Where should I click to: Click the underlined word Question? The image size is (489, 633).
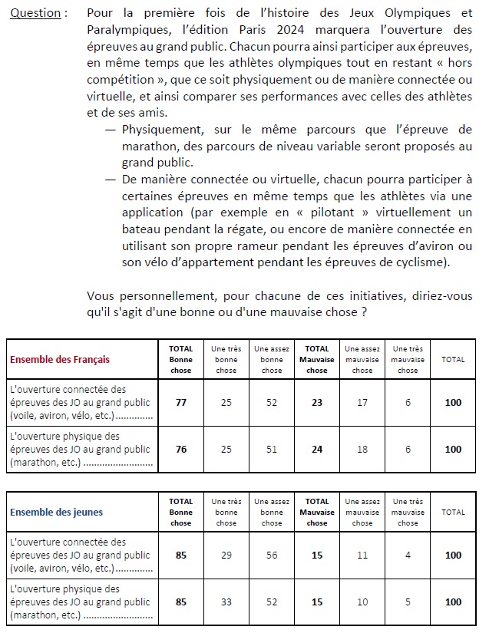click(36, 14)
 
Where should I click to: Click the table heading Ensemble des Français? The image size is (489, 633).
click(59, 359)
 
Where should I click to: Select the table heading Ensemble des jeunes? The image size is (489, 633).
click(56, 512)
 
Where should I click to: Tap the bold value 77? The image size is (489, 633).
click(181, 402)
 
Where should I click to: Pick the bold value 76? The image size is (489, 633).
click(181, 449)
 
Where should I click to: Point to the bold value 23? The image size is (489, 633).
click(317, 402)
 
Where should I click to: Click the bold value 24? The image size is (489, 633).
click(317, 449)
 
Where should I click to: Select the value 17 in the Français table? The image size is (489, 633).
click(362, 402)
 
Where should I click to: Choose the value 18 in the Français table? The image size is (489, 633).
click(362, 449)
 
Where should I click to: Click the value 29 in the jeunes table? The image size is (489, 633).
click(226, 555)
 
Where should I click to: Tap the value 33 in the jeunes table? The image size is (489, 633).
click(226, 602)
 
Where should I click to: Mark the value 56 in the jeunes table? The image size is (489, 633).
click(272, 555)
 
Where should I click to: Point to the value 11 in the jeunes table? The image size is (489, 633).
click(362, 555)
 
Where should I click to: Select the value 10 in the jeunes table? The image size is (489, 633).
click(362, 602)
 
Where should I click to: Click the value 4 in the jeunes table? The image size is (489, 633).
click(408, 555)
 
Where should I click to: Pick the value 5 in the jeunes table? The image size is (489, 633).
click(408, 602)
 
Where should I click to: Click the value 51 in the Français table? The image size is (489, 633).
click(272, 449)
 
